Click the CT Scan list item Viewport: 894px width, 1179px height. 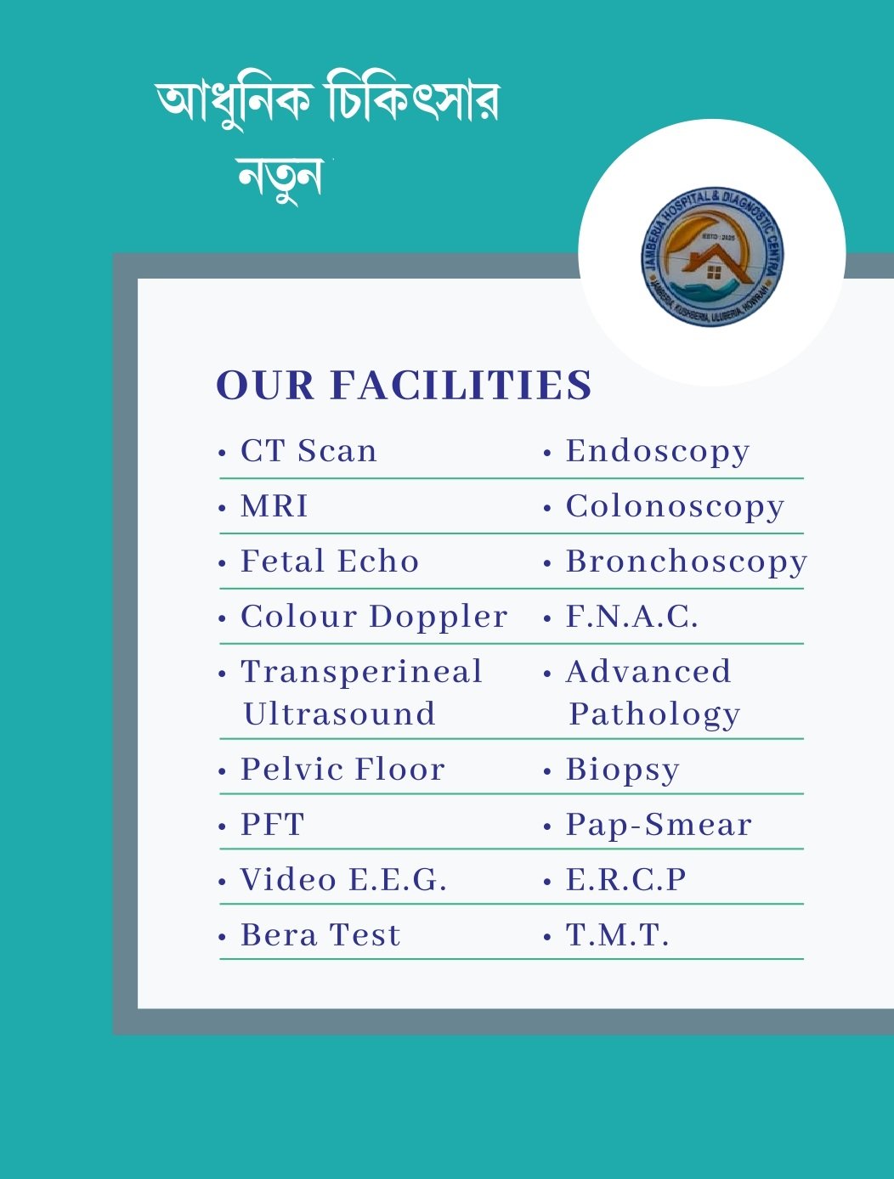tap(308, 450)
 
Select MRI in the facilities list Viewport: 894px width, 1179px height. tap(274, 505)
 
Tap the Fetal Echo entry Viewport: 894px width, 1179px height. tap(330, 561)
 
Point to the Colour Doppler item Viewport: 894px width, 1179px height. tap(374, 616)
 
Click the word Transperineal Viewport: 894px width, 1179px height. tap(362, 671)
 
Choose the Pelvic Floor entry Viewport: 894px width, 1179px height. tap(342, 769)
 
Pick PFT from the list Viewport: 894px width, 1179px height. tap(272, 824)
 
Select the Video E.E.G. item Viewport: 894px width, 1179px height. tap(343, 879)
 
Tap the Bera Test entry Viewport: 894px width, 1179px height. tap(320, 934)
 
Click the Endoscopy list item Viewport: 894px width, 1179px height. tap(658, 450)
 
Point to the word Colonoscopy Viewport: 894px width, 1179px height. tap(675, 506)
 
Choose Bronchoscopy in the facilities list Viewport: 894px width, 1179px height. tap(687, 561)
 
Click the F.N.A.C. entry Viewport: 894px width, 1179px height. tap(632, 617)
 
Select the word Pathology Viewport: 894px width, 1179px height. tap(654, 714)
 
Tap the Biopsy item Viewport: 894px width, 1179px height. tap(623, 770)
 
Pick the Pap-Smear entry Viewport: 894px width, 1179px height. tap(659, 824)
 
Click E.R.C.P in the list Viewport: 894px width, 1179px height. tap(626, 879)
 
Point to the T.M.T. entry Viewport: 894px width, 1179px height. tap(618, 934)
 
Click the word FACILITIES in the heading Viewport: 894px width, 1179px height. tap(461, 385)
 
